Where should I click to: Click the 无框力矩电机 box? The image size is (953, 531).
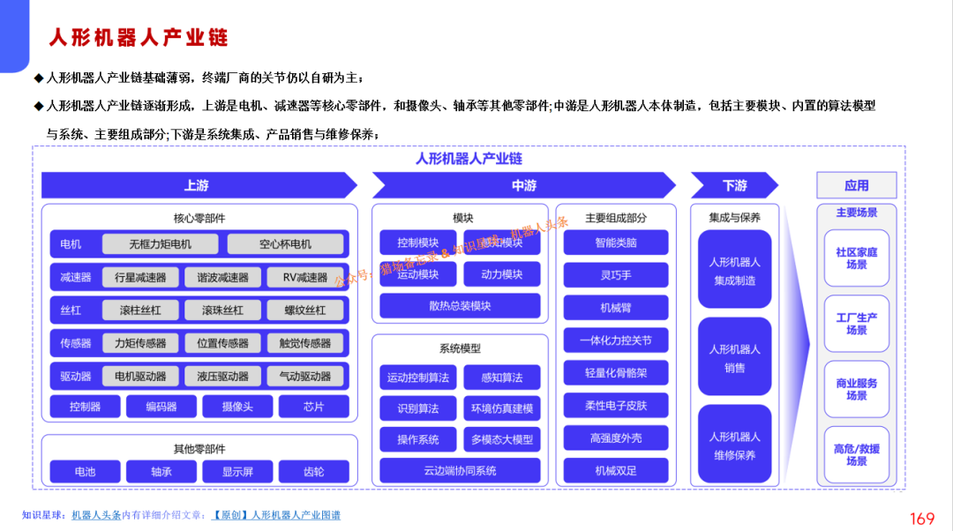coord(160,244)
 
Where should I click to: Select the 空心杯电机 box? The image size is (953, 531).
coord(285,244)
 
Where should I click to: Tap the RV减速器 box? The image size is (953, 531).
coord(305,277)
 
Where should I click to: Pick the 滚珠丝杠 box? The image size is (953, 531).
coord(223,310)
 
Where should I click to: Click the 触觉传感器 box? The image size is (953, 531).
coord(305,343)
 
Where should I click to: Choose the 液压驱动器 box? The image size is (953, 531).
coord(223,376)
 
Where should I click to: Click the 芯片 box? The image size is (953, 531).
coord(313,407)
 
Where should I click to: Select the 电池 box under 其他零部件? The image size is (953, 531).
coord(86,472)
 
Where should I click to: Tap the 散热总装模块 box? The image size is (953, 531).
coord(460,306)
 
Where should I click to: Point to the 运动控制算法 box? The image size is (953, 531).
coord(418,378)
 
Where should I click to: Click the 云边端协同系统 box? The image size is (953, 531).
coord(460,470)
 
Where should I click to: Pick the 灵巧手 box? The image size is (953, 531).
coord(616,275)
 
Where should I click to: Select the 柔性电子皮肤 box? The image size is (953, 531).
coord(616,406)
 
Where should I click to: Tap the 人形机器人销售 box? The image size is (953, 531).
coord(735,358)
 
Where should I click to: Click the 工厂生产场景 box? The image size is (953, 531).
coord(856,324)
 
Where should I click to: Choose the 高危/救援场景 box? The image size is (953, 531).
coord(856,455)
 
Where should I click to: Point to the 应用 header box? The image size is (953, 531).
coord(856,185)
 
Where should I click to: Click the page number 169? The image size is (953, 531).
coord(921,519)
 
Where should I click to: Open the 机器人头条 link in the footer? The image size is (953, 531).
coord(96,515)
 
